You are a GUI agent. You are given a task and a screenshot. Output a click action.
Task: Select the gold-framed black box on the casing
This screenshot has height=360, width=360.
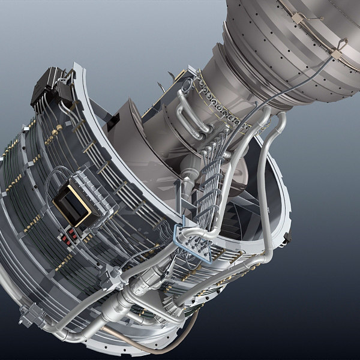72,206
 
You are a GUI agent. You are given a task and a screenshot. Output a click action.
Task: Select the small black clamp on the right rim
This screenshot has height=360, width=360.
287,238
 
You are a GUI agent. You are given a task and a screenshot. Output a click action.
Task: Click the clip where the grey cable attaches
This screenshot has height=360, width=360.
336,54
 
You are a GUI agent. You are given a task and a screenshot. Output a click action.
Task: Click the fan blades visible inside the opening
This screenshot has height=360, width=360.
240,210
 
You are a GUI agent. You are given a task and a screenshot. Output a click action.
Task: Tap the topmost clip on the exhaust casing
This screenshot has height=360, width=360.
298,18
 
